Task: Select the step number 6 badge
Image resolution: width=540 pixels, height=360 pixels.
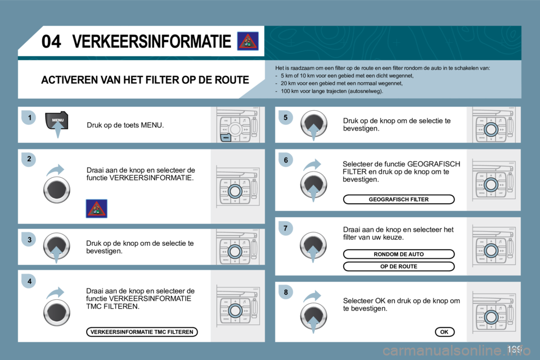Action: [x=285, y=160]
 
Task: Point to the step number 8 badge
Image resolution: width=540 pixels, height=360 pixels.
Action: [x=285, y=292]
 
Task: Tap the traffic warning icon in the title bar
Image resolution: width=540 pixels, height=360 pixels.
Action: [x=247, y=42]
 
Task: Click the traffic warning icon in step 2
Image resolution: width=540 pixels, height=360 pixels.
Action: [x=96, y=208]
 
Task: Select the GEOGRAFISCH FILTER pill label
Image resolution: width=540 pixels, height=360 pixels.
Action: [x=399, y=199]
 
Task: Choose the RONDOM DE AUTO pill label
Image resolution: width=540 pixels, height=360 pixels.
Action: [x=399, y=254]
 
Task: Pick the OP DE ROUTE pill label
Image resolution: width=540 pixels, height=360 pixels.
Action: [x=399, y=266]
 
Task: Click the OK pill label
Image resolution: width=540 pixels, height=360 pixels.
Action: [x=444, y=332]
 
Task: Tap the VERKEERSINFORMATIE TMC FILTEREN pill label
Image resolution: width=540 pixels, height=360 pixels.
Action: [x=142, y=332]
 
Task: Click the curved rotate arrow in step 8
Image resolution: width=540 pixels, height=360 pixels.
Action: [x=313, y=296]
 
